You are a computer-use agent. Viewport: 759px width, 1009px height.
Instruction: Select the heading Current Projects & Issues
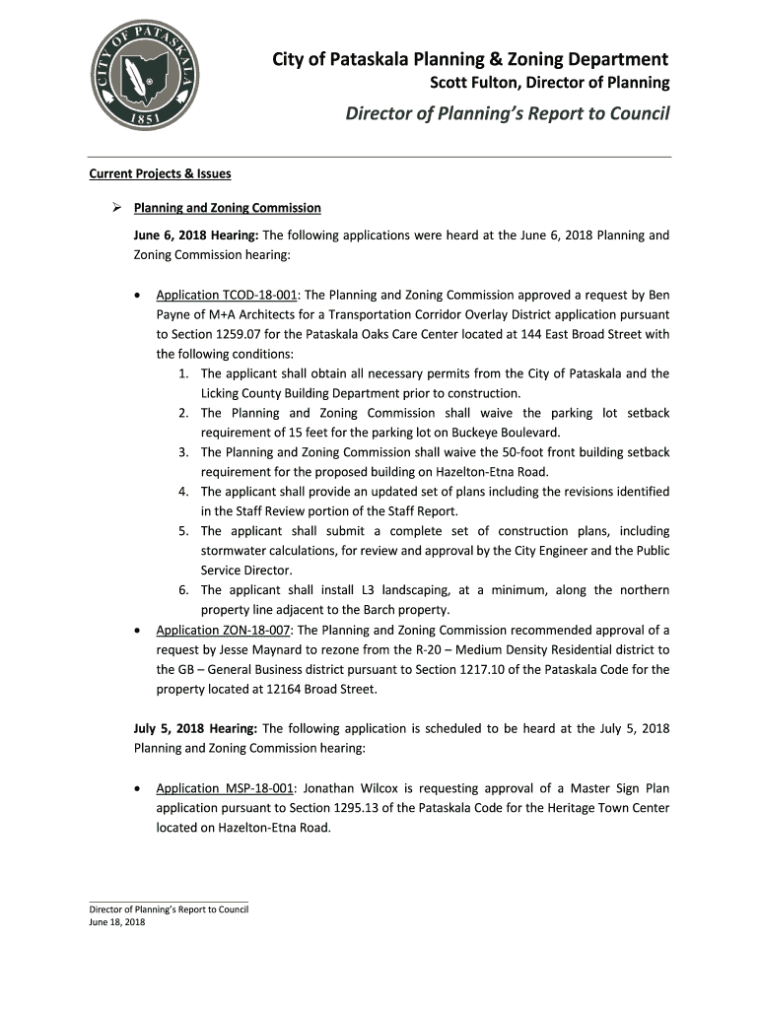pos(160,174)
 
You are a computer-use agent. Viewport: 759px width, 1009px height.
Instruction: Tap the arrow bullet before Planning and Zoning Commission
pos(113,208)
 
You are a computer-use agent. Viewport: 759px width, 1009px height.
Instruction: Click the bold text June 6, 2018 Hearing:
pos(196,235)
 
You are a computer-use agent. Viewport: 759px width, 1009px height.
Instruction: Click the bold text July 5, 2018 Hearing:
pos(196,728)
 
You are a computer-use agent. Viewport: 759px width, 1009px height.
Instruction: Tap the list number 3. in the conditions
pos(184,452)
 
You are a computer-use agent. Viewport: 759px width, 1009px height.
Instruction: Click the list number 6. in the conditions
pos(184,590)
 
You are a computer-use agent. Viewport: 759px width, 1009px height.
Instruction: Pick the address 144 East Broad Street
pos(605,334)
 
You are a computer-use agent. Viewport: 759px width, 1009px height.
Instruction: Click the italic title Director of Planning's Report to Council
pos(507,114)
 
